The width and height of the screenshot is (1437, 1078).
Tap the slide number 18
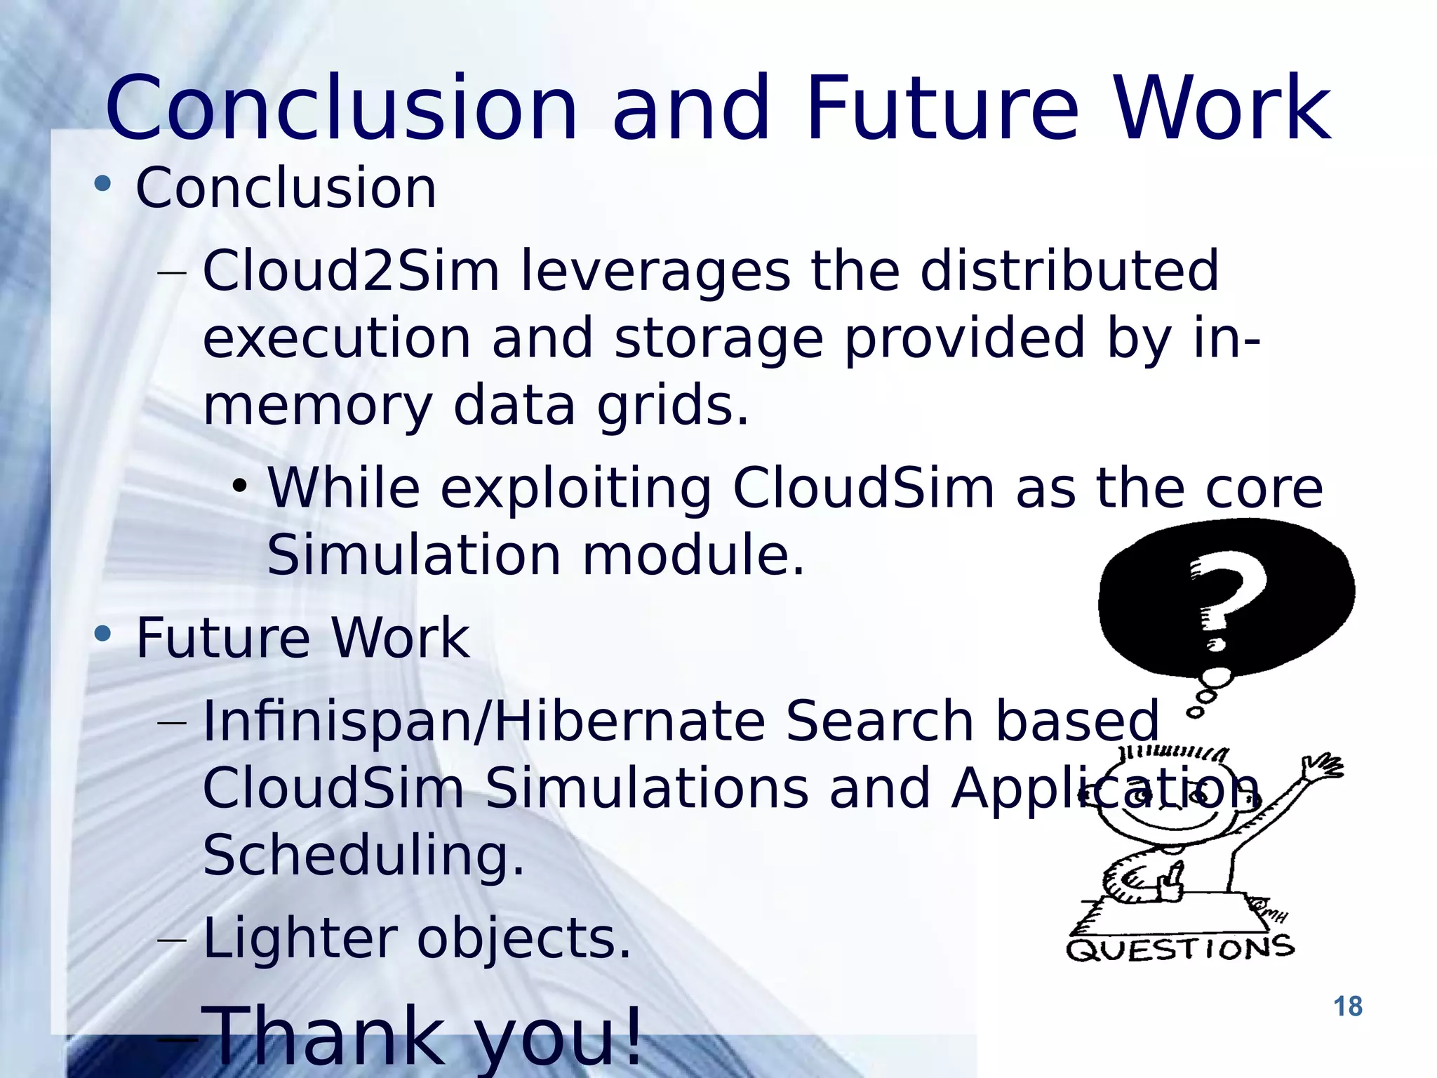point(1347,1006)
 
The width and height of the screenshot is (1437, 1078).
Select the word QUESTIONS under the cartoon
point(1180,949)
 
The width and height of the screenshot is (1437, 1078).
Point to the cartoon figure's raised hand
point(1323,766)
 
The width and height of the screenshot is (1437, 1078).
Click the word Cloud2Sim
point(351,271)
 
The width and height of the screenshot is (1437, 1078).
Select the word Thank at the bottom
point(327,1034)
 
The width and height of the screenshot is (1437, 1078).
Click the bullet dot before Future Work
point(102,634)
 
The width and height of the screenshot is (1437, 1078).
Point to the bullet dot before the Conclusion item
point(102,185)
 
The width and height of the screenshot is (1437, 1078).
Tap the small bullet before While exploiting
point(240,486)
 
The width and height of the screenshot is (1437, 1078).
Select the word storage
point(718,338)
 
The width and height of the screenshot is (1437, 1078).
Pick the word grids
point(672,406)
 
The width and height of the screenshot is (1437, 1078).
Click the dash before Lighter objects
point(173,940)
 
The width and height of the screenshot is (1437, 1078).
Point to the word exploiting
point(575,488)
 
